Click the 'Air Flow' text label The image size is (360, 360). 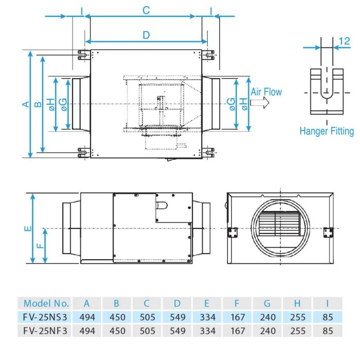pyautogui.click(x=266, y=92)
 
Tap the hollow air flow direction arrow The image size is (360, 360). pyautogui.click(x=262, y=103)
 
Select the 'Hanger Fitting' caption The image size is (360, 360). pyautogui.click(x=327, y=131)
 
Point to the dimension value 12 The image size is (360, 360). pyautogui.click(x=345, y=40)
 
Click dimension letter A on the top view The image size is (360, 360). pyautogui.click(x=24, y=104)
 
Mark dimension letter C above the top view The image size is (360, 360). pyautogui.click(x=146, y=10)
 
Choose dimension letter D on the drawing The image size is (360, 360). pyautogui.click(x=146, y=34)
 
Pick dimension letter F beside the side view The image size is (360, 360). pyautogui.click(x=40, y=246)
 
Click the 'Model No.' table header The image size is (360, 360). pyautogui.click(x=46, y=303)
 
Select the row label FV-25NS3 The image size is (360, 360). pyautogui.click(x=46, y=317)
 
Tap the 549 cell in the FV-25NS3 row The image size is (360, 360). pyautogui.click(x=177, y=317)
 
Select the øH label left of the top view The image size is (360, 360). pyautogui.click(x=51, y=104)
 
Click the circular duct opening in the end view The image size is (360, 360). pyautogui.click(x=280, y=228)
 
